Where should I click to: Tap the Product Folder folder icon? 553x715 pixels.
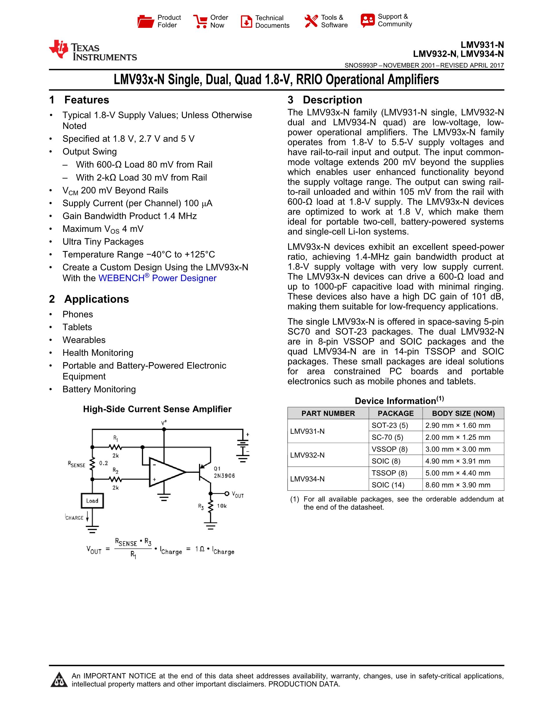coord(146,21)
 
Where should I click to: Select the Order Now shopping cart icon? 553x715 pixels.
coord(200,21)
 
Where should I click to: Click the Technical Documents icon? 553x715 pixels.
coord(246,21)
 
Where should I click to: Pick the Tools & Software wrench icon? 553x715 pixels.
coord(311,21)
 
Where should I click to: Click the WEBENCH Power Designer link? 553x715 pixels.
coord(157,278)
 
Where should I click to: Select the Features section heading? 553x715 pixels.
coord(87,100)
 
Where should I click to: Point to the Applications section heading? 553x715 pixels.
coord(96,299)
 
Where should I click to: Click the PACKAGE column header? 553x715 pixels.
coord(395,414)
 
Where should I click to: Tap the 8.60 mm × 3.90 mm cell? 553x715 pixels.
coord(458,485)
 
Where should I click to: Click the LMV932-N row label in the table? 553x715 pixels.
coord(307,455)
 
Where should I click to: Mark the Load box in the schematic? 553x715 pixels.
coord(92,501)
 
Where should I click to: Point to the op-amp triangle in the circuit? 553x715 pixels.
coord(166,472)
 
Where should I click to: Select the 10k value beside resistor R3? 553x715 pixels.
coord(222,506)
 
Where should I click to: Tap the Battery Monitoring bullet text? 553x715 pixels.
coord(99,389)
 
